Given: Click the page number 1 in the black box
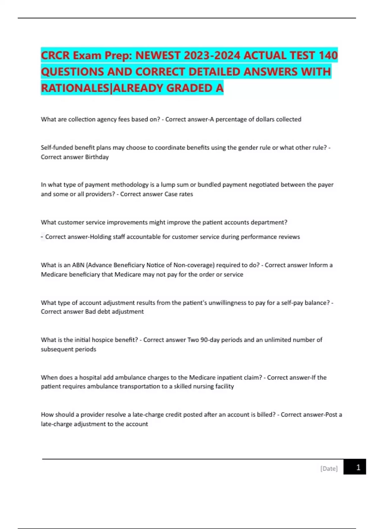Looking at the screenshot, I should click(358, 467).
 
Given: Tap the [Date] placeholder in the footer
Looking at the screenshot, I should click(329, 468).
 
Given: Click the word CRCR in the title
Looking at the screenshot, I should click(55, 55).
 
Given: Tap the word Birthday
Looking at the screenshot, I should click(97, 157).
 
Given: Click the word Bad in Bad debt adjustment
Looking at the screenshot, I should click(90, 311).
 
